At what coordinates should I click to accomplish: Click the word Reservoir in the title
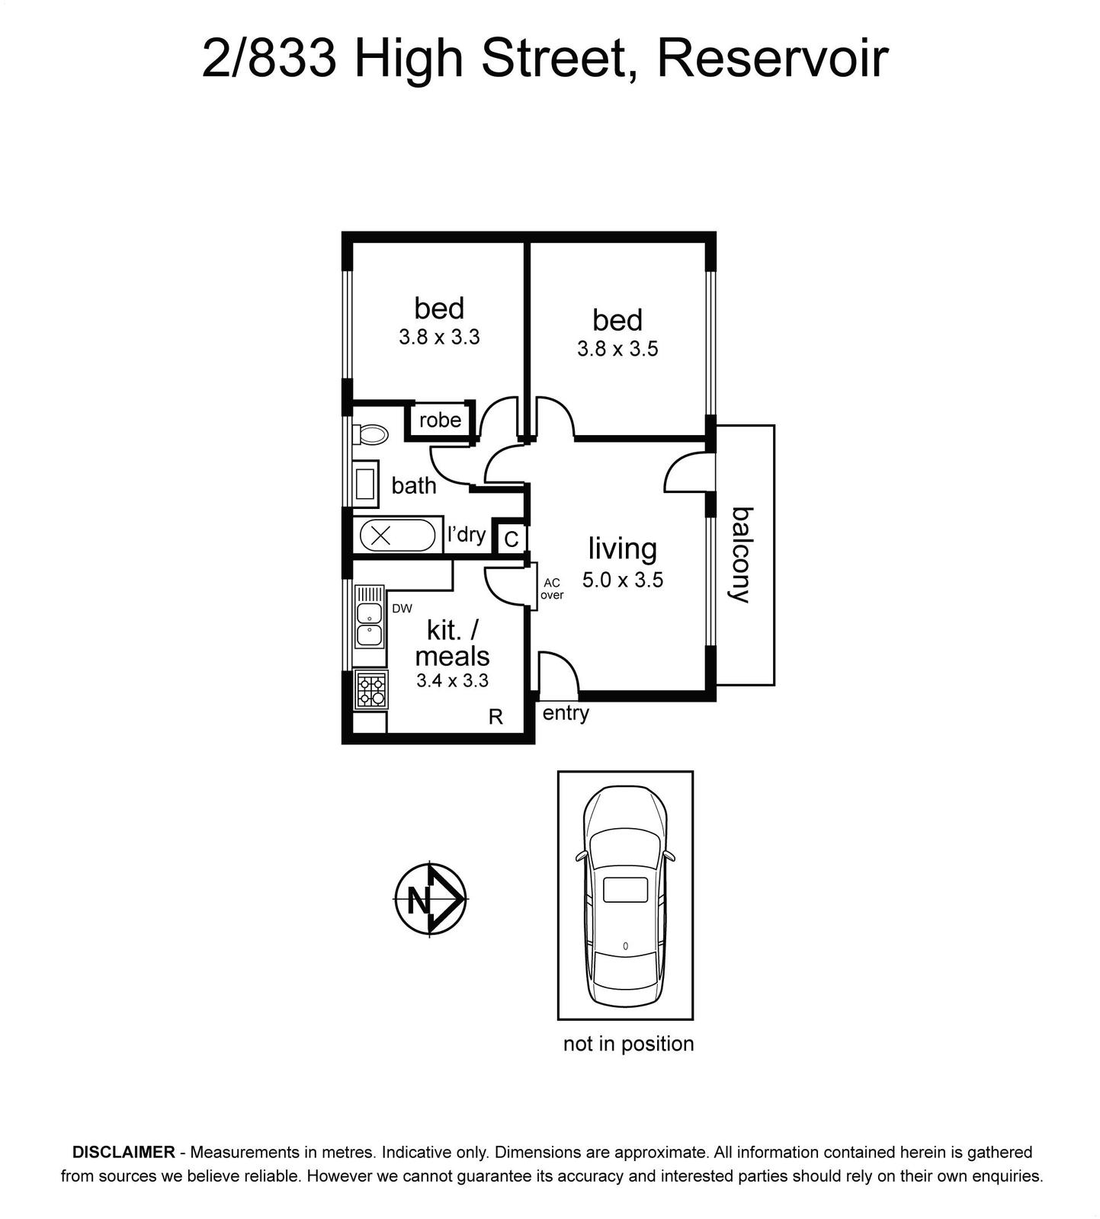coord(772,58)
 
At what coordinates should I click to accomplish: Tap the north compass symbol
coord(431,899)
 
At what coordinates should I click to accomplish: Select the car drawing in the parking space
coord(625,896)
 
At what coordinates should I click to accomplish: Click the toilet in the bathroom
coord(370,434)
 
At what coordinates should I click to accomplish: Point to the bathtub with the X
coord(397,535)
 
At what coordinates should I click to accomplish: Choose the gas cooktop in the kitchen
coord(371,689)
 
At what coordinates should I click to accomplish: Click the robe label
coord(441,420)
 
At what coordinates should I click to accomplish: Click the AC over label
coord(552,589)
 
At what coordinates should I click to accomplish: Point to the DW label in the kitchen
coord(402,608)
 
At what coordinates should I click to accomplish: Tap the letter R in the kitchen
coord(495,717)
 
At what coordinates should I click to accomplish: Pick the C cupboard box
coord(512,539)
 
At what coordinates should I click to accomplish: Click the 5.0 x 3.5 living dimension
coord(623,581)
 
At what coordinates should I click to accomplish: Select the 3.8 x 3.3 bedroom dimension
coord(439,337)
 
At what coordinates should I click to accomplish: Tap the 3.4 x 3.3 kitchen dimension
coord(452,680)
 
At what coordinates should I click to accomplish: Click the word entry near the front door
coord(566,713)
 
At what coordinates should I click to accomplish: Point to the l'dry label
coord(467,534)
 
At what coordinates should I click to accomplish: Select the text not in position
coord(629,1044)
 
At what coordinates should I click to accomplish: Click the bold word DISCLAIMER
coord(123,1152)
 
